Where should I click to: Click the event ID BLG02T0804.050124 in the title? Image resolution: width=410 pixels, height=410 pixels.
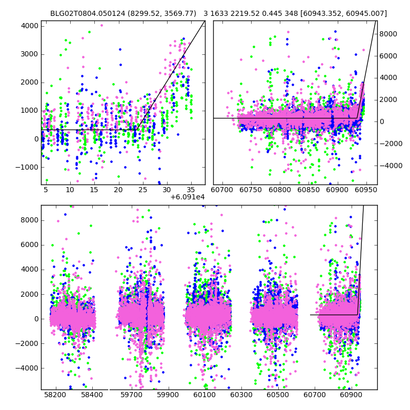pyautogui.click(x=83, y=13)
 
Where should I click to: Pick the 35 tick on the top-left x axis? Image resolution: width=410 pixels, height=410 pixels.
pyautogui.click(x=191, y=190)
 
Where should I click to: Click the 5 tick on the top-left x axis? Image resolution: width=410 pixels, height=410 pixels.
pyautogui.click(x=46, y=190)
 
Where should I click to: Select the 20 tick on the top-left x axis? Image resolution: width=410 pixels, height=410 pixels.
pyautogui.click(x=118, y=190)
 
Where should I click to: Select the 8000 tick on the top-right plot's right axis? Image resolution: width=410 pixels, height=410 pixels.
pyautogui.click(x=388, y=34)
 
